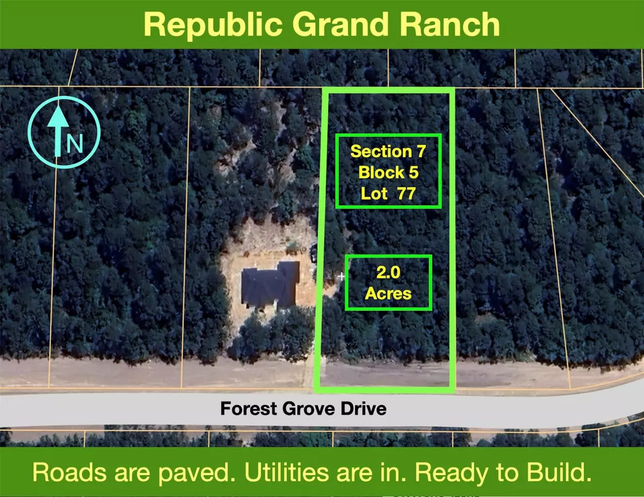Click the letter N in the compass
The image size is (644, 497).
[x=75, y=144]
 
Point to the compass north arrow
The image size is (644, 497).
[x=57, y=129]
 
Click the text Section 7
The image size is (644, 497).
[x=388, y=151]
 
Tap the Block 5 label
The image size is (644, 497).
[x=388, y=172]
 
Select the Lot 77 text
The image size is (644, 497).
[x=388, y=193]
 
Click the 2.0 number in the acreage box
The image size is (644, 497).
[x=388, y=273]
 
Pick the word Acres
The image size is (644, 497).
[x=388, y=293]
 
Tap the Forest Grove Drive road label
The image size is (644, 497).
[x=303, y=409]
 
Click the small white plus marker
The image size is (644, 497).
[x=341, y=277]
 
